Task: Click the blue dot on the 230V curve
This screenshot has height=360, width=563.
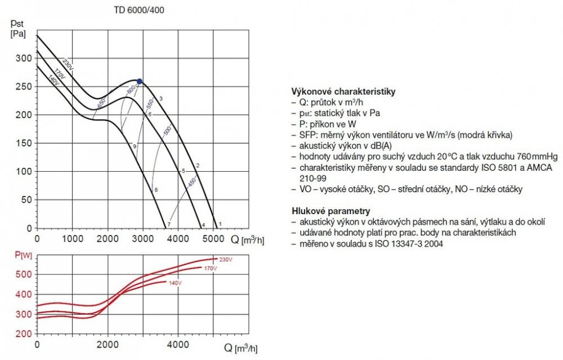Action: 140,81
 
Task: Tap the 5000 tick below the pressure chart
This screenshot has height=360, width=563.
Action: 214,239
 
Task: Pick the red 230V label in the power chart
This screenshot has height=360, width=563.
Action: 226,259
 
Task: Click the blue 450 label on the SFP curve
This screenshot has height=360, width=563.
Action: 191,183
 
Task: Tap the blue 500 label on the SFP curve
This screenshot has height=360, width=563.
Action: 167,131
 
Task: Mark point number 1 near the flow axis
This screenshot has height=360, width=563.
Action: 220,224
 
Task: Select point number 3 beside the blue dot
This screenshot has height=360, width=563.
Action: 161,99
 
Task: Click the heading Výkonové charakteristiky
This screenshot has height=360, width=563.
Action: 343,91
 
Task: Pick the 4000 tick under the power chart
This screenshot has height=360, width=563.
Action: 178,344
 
